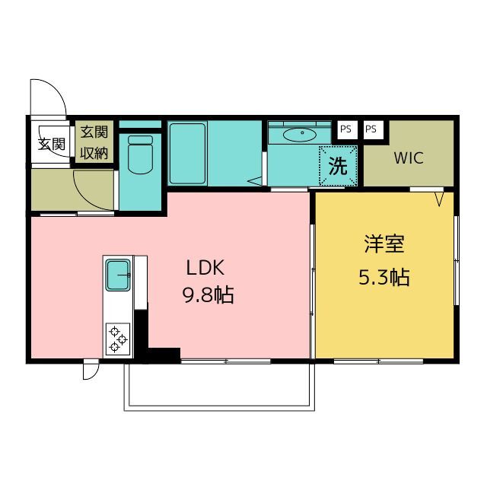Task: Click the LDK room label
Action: point(205,268)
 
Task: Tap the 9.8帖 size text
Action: point(208,294)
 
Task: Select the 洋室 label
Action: point(384,244)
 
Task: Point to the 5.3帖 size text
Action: point(384,277)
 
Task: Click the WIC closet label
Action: point(409,158)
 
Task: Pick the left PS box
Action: point(346,129)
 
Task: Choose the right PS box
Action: point(372,129)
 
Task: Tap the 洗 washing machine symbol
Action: point(338,166)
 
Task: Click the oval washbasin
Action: point(300,135)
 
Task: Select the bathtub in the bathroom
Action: point(188,154)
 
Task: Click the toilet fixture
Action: point(140,154)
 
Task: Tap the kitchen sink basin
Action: point(118,275)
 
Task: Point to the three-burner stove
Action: point(118,339)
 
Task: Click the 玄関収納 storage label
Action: point(94,142)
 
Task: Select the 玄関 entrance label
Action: point(52,144)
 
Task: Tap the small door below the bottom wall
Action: point(91,371)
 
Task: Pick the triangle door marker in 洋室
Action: point(439,199)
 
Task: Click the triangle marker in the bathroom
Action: point(255,181)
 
